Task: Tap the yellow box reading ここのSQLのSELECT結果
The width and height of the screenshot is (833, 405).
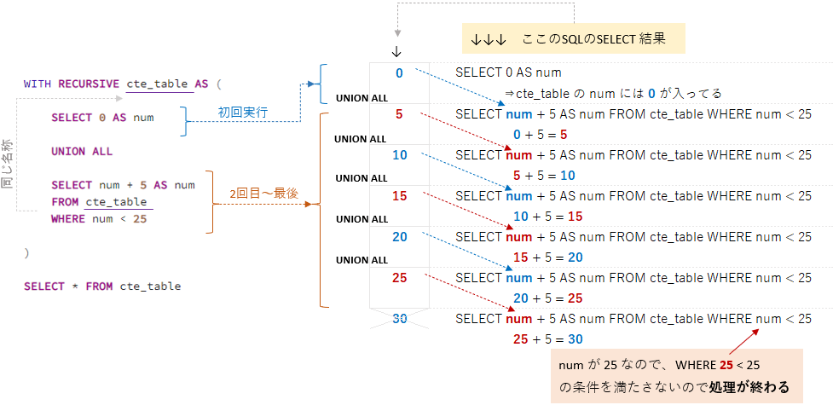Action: click(568, 40)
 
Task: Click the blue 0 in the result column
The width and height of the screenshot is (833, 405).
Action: click(399, 73)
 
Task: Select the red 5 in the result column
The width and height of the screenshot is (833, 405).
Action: click(399, 114)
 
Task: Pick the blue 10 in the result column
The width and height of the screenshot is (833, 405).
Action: click(399, 155)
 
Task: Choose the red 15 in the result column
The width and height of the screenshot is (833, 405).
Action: click(399, 196)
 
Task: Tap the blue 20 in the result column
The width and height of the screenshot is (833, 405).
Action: click(399, 237)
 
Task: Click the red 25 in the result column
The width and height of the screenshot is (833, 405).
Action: click(399, 278)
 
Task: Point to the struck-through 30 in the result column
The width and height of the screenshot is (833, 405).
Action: click(399, 318)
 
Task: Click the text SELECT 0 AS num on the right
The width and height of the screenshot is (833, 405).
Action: click(508, 73)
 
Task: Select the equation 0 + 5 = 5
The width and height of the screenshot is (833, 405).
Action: click(541, 135)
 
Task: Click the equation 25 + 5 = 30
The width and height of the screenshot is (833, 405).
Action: click(547, 338)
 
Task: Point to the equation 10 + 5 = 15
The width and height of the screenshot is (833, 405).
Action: click(547, 217)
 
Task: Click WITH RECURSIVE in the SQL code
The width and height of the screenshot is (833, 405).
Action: click(72, 84)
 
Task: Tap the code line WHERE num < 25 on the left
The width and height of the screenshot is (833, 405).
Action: click(99, 219)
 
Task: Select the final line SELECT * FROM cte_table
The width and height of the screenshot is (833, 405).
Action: click(102, 286)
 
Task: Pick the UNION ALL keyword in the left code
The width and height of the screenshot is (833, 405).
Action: click(82, 152)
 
